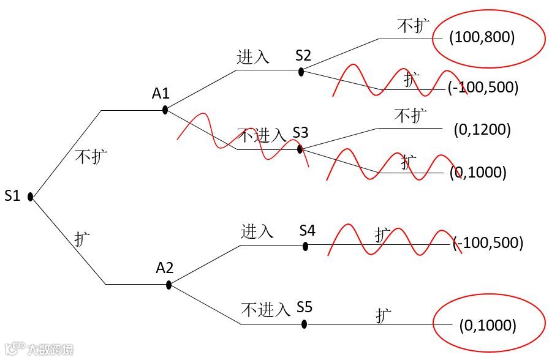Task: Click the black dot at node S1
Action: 30,197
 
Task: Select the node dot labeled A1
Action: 165,110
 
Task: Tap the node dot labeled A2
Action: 168,284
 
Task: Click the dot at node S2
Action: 301,71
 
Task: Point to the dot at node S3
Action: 300,149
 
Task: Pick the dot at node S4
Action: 306,246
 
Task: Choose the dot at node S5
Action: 304,324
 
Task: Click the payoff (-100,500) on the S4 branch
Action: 488,243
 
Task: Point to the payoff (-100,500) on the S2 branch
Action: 483,88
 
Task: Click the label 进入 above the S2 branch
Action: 253,57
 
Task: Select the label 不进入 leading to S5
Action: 265,310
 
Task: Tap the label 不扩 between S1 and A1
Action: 91,157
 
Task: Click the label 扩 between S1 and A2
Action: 83,239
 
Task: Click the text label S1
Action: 13,196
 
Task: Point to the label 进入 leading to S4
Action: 257,231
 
